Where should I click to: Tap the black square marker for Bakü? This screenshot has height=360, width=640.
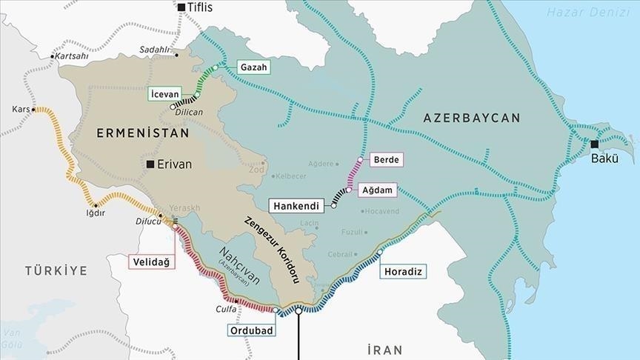(594, 144)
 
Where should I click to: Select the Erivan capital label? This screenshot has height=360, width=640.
(174, 164)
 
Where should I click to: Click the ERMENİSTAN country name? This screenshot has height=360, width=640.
(142, 133)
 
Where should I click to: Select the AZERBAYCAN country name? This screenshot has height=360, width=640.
(472, 118)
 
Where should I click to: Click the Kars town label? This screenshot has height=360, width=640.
(21, 110)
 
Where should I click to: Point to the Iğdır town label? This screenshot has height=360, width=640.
(96, 213)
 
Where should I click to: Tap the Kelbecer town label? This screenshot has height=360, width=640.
(292, 176)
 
